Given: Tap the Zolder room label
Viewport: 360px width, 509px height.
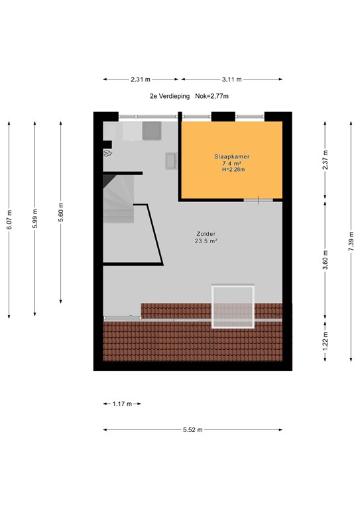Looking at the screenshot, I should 206,234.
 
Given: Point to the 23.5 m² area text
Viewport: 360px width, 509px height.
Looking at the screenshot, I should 206,241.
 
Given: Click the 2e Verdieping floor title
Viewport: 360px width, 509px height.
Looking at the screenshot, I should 170,96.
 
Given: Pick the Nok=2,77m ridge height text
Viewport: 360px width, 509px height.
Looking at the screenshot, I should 212,96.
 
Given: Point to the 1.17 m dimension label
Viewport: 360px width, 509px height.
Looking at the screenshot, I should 122,404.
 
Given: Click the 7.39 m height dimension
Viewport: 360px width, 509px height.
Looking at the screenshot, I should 351,241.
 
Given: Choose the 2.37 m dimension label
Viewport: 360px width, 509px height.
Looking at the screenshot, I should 325,160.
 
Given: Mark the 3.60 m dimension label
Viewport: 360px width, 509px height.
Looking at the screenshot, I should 325,258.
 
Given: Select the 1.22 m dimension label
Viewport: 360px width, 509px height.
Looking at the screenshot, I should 325,339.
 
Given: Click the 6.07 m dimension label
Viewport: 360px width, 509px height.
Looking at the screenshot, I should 9,219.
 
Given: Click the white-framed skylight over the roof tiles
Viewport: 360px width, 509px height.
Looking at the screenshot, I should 233,307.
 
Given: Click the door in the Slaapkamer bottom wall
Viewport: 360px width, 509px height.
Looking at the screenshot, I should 259,200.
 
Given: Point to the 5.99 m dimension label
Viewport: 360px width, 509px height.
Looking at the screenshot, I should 35,218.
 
